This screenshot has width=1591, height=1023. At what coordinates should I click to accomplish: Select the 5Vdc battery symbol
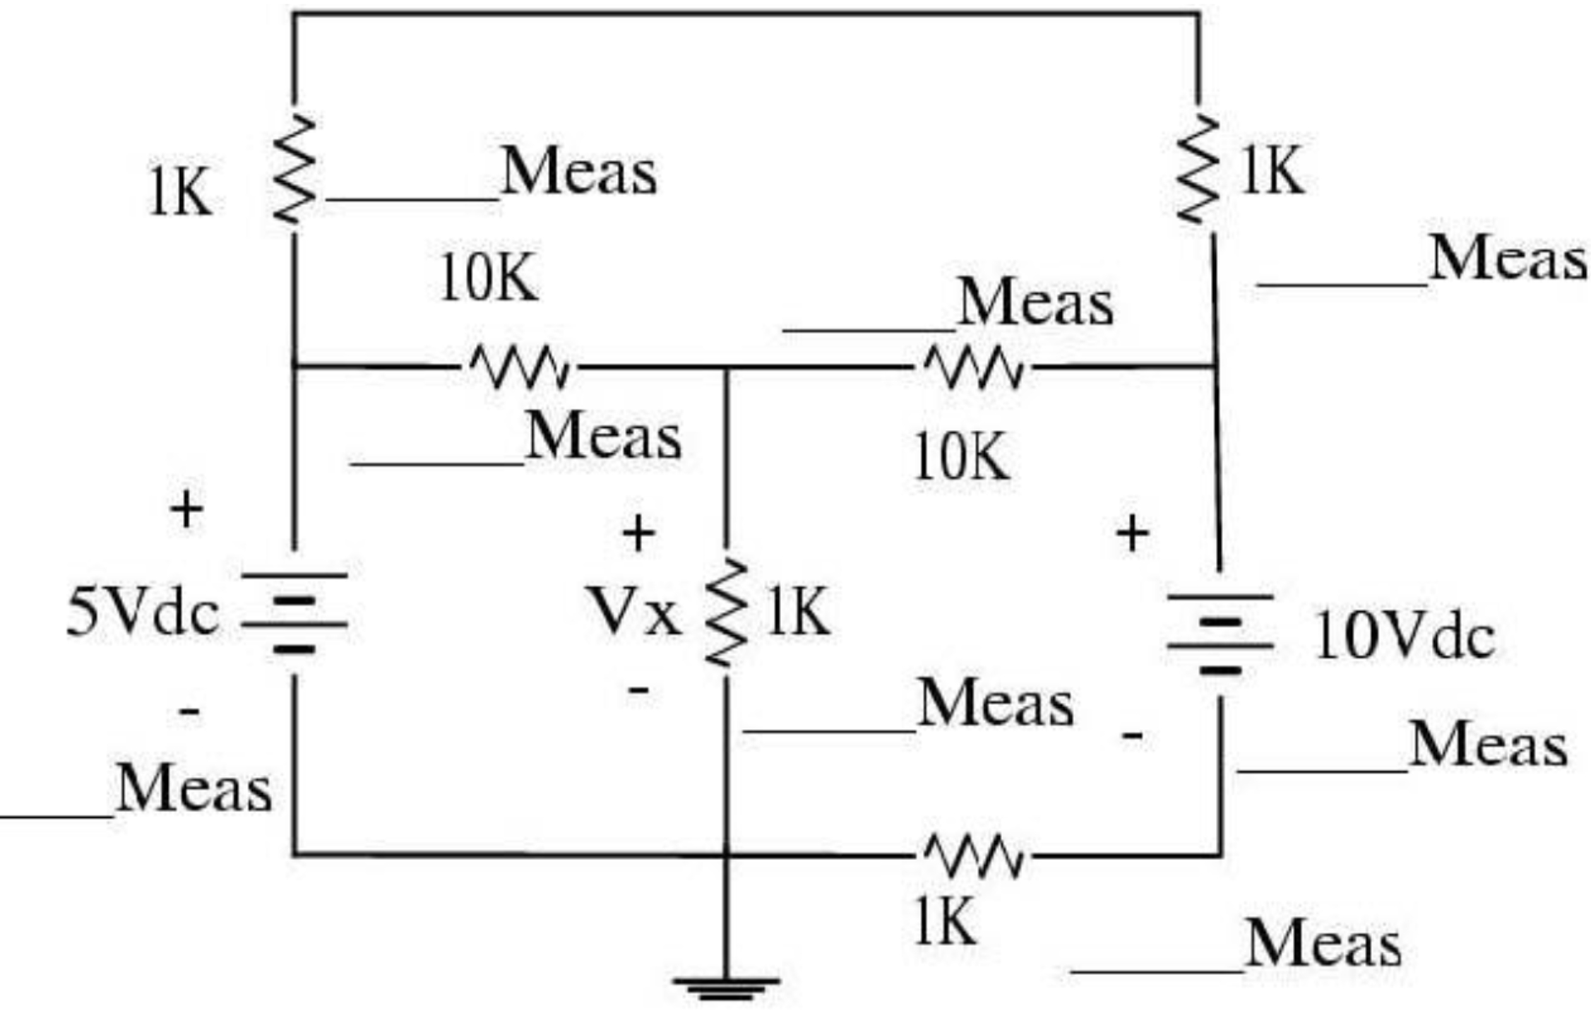(294, 612)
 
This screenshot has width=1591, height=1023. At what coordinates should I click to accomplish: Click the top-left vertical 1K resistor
(294, 169)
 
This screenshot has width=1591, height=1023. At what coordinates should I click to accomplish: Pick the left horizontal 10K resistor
(519, 366)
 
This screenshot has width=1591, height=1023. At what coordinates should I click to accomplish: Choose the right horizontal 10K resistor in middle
(974, 366)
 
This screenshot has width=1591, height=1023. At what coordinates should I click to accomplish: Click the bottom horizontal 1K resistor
(974, 857)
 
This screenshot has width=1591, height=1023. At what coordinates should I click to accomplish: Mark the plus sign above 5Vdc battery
(186, 510)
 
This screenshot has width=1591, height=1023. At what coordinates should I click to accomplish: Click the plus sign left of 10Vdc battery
(1133, 533)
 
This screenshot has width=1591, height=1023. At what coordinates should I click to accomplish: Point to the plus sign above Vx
(638, 533)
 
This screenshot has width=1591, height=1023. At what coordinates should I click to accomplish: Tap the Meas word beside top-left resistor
(578, 172)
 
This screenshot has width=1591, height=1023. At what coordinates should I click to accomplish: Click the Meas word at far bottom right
(1323, 944)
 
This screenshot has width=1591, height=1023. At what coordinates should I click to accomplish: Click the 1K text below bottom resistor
(945, 921)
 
